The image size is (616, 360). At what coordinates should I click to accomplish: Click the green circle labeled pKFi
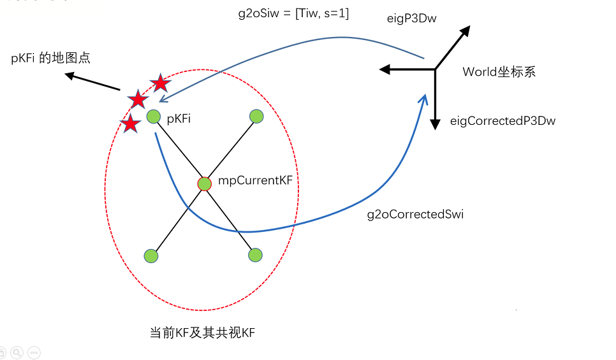pos(153,117)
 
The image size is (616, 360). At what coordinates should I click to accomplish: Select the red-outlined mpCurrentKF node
pos(204,184)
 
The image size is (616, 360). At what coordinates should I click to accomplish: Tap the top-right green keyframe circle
pos(256,116)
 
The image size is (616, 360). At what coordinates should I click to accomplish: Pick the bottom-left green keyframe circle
pos(150,256)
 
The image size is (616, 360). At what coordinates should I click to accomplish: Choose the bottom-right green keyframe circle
pos(255,255)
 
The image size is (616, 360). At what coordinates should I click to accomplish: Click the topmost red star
pos(160,83)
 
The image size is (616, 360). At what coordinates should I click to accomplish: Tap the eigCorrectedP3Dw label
pos(502,120)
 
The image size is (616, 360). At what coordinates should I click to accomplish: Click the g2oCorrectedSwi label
pos(415,215)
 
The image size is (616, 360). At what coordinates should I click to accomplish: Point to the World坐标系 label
pos(499,72)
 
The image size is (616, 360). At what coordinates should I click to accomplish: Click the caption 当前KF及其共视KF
pos(202,333)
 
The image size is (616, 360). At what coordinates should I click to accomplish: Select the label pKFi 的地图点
pos(51,58)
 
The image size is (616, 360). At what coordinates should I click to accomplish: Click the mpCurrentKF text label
pos(255,181)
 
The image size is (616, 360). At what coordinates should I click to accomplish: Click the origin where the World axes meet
pos(435,69)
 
